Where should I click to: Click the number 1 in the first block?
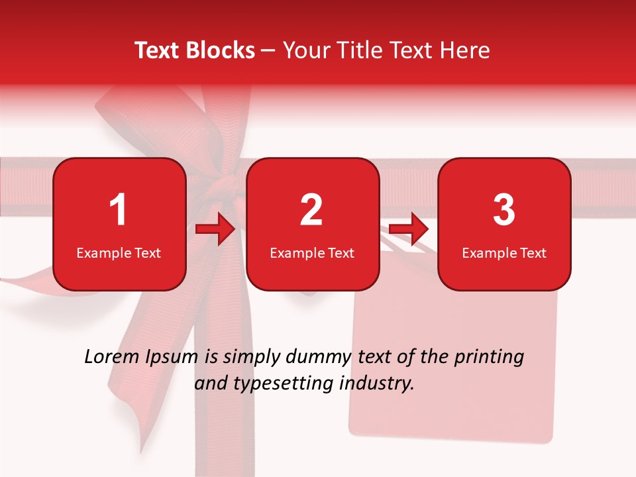click(x=118, y=210)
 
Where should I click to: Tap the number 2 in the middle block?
click(x=311, y=210)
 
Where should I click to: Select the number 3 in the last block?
click(x=504, y=210)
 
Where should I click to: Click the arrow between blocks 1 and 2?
click(x=216, y=230)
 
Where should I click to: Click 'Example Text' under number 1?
click(x=119, y=253)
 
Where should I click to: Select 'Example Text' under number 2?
click(x=312, y=253)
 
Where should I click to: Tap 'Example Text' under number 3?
click(x=504, y=253)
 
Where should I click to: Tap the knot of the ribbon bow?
click(x=229, y=182)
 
